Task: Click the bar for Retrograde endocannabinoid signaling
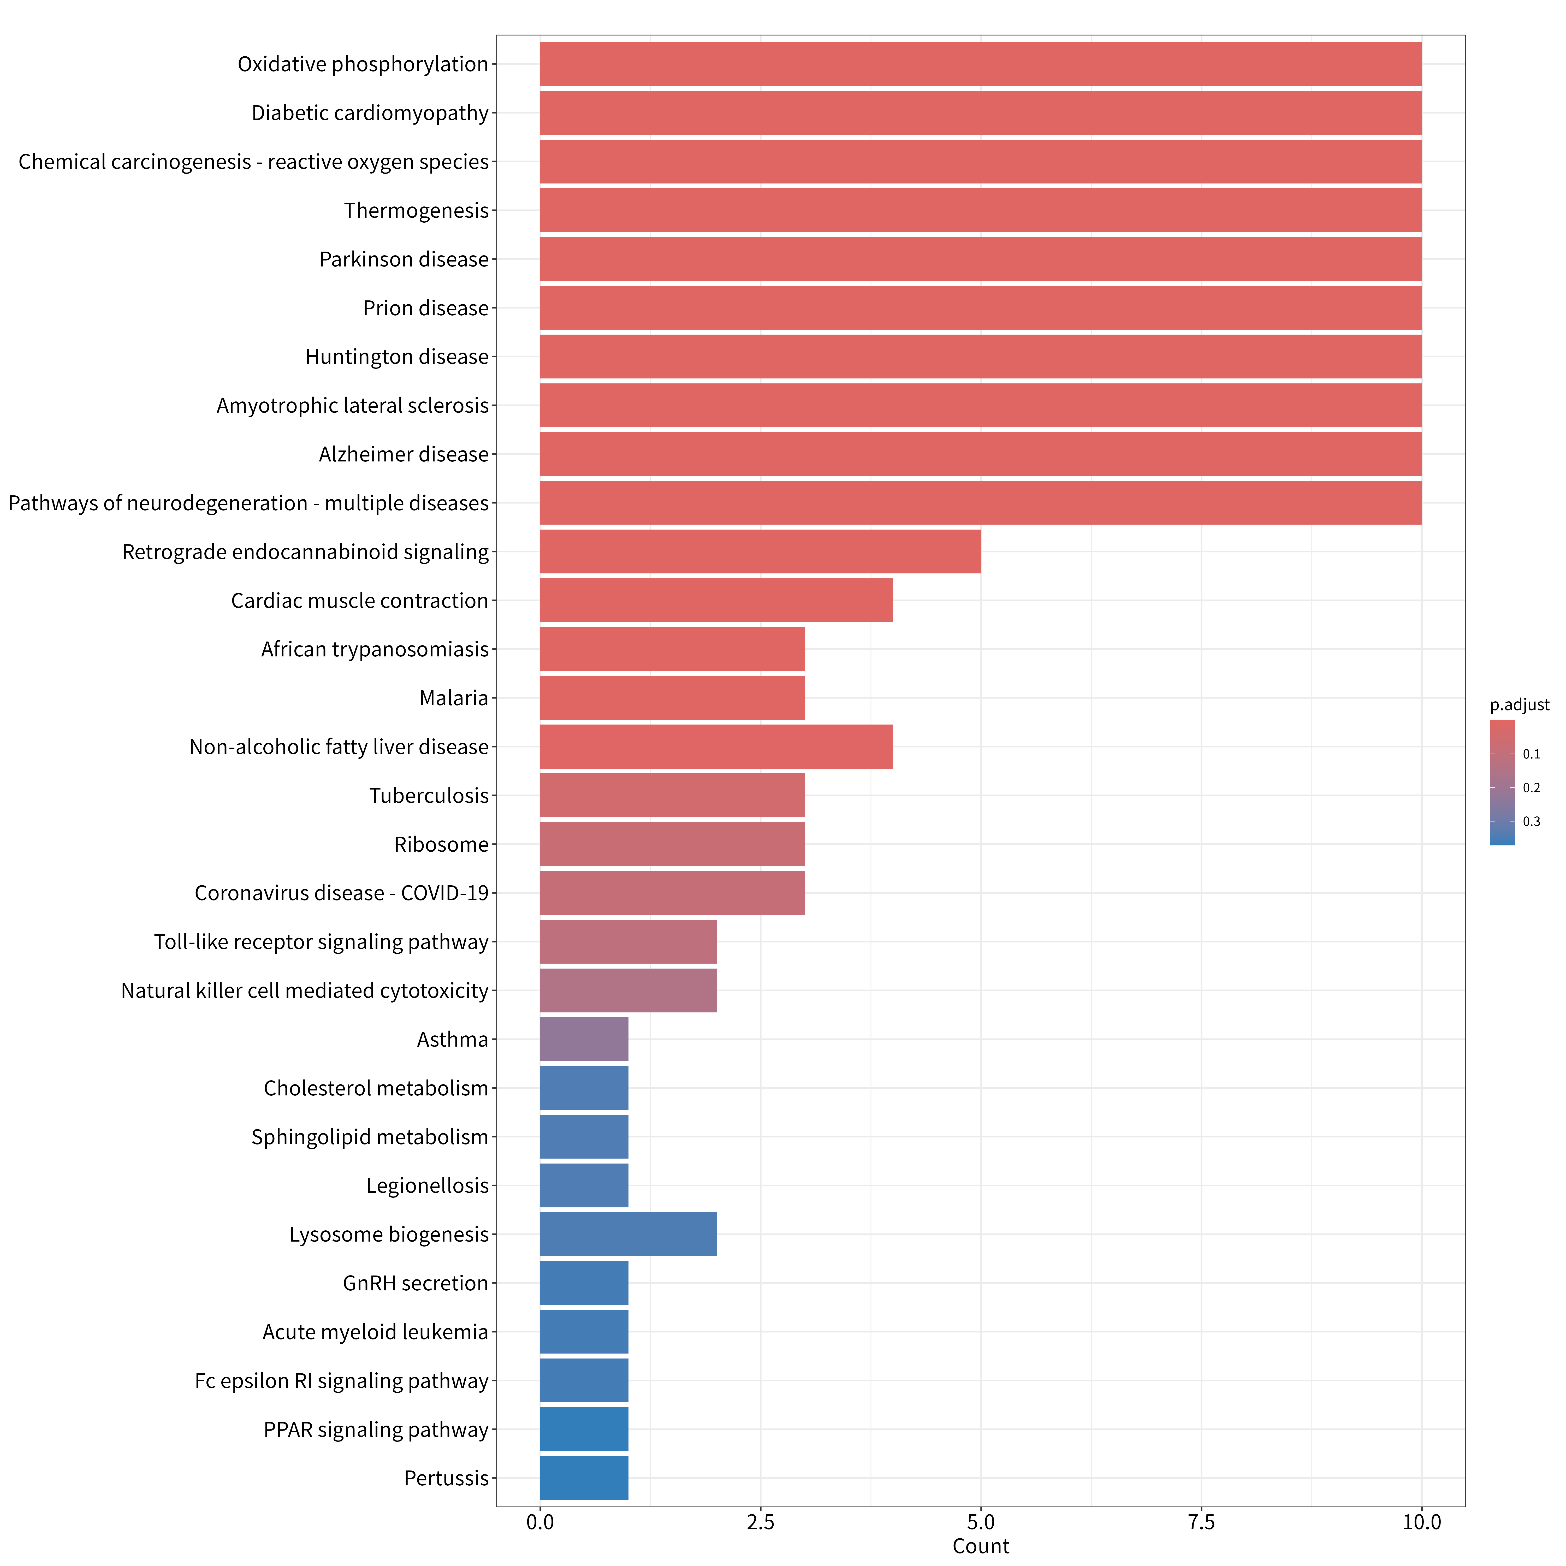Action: point(760,551)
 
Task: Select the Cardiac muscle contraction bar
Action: point(716,600)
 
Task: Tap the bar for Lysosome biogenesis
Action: point(628,1234)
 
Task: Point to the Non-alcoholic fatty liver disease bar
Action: point(716,746)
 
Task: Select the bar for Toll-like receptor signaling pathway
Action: point(628,941)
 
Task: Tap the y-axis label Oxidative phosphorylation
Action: point(363,64)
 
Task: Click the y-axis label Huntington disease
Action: point(397,357)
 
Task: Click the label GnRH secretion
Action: point(416,1283)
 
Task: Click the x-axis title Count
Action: point(981,1546)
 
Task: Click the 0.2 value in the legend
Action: point(1531,788)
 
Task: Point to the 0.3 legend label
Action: point(1531,821)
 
